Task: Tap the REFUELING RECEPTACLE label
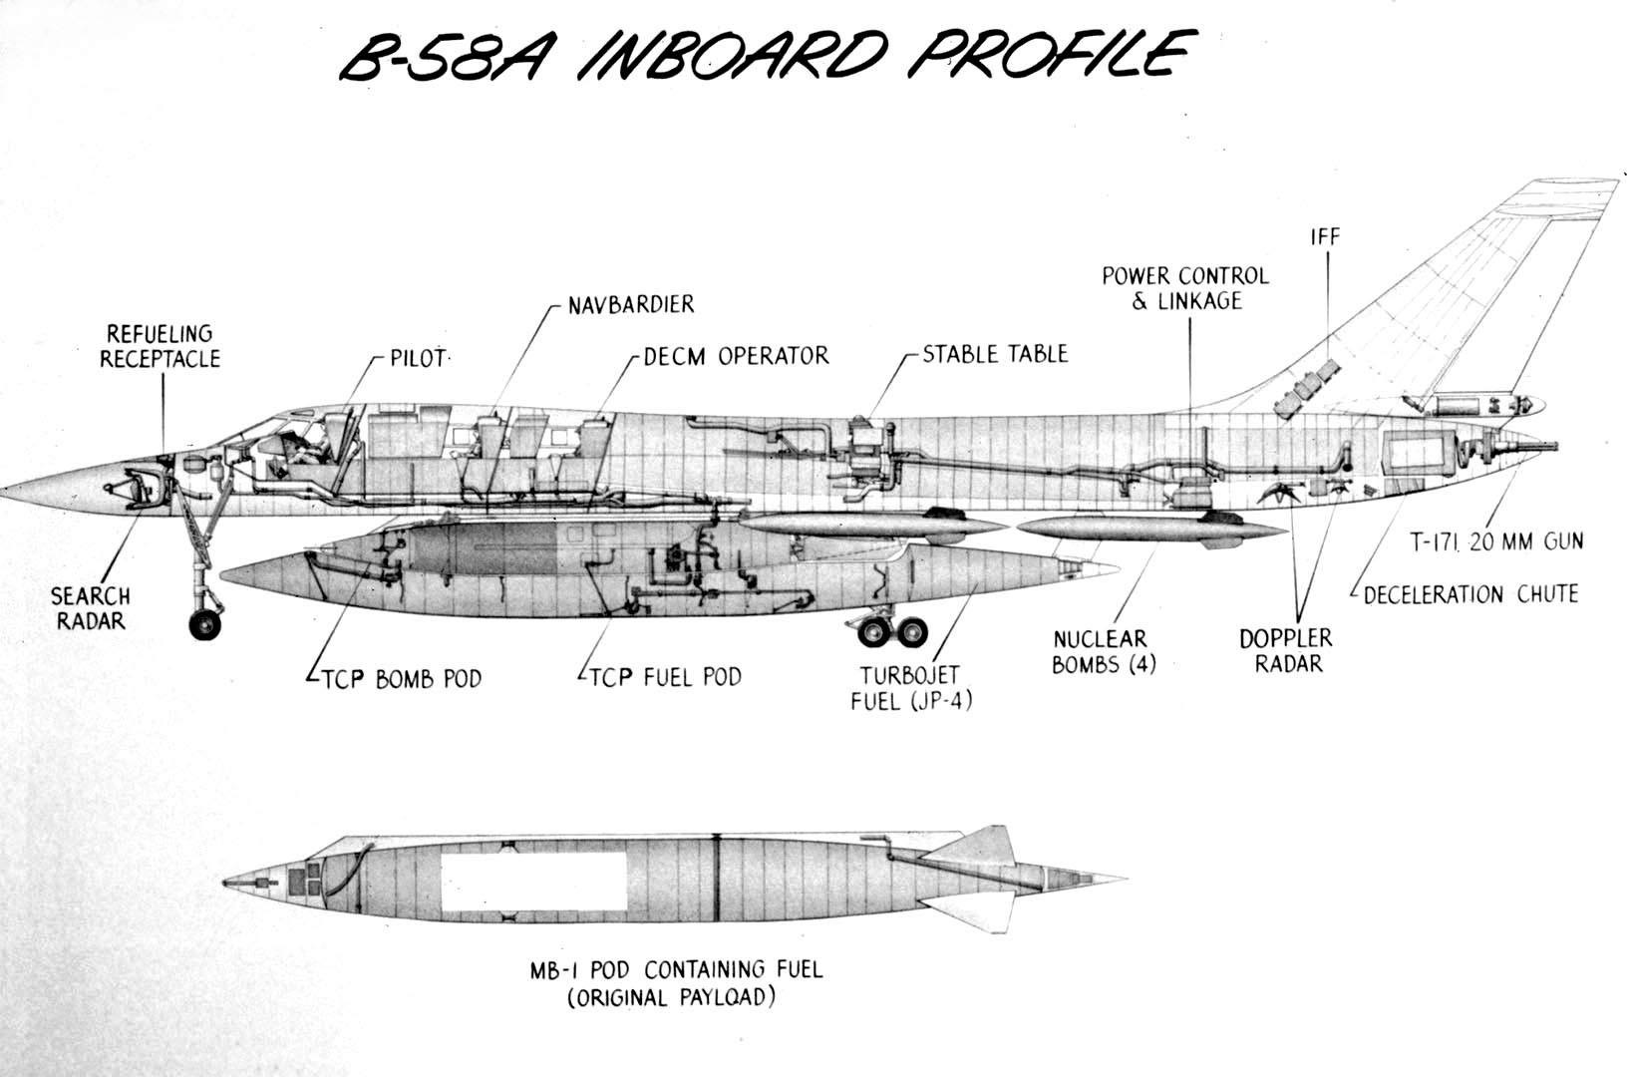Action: [x=160, y=346]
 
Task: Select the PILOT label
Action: [x=418, y=358]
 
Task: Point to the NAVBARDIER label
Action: [x=630, y=304]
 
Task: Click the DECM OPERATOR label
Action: [x=736, y=356]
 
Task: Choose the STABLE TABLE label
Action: [x=994, y=354]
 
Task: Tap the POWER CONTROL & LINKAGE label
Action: [x=1185, y=288]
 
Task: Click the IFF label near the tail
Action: [x=1325, y=237]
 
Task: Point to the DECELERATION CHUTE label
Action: [x=1470, y=595]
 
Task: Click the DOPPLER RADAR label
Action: [x=1286, y=650]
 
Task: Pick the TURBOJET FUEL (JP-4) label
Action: [x=911, y=688]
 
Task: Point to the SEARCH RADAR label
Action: [x=91, y=608]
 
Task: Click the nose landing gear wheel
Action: [x=205, y=624]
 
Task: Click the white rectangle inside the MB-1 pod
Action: [x=534, y=881]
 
